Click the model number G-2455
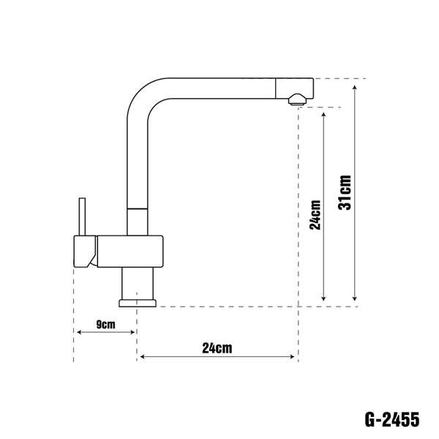391,420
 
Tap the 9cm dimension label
105,323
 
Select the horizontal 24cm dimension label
217,348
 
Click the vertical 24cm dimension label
315,214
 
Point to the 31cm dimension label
345,192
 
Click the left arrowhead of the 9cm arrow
77,334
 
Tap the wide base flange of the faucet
137,301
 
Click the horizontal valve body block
128,251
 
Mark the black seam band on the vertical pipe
137,208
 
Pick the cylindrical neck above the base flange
137,281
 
